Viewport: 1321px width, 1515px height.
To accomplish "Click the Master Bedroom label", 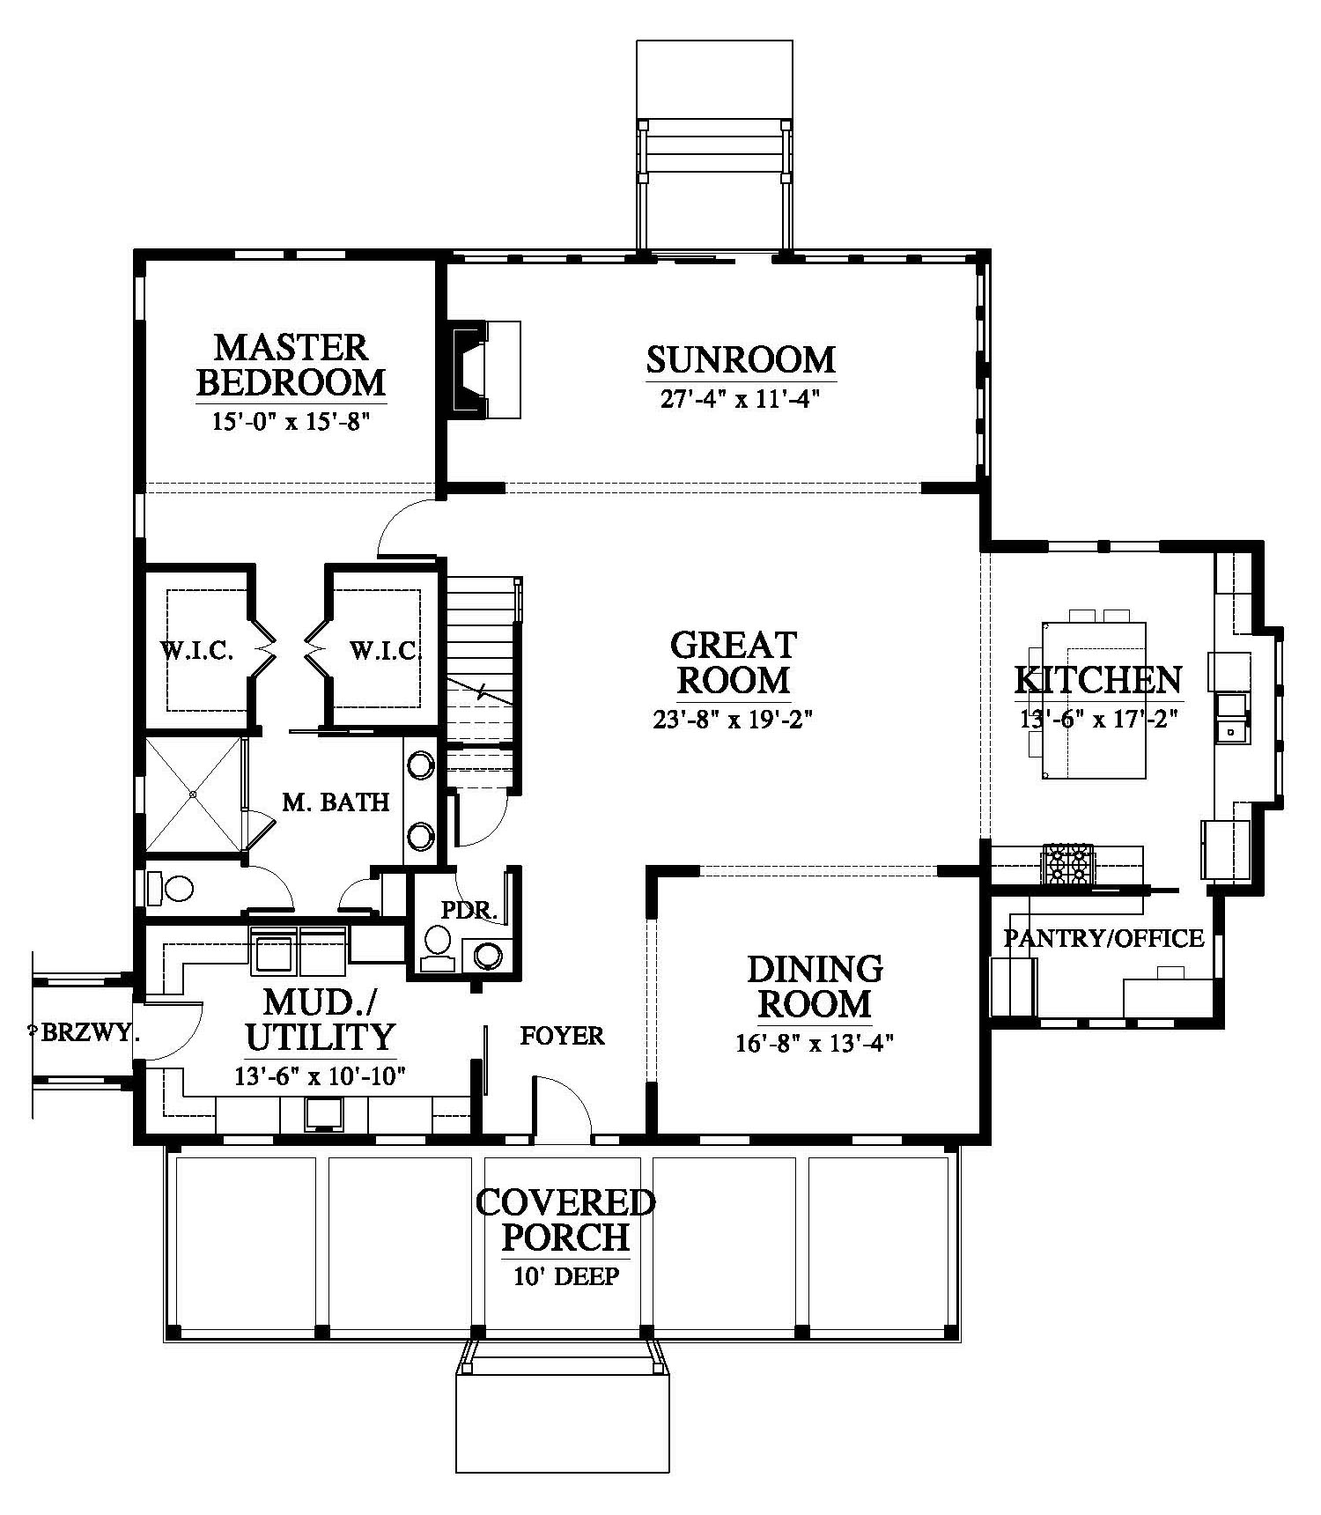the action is point(291,365).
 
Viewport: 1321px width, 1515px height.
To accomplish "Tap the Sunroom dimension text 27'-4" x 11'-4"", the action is point(741,400).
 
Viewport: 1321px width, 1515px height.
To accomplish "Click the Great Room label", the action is point(733,662).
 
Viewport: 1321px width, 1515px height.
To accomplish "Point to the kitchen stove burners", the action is point(1067,863).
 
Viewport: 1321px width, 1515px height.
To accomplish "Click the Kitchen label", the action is point(1098,680).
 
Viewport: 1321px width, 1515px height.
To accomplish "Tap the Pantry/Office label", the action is point(1103,938).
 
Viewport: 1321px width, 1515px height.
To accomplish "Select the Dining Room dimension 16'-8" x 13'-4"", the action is point(815,1045).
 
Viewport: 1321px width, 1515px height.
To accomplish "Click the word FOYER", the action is point(562,1036).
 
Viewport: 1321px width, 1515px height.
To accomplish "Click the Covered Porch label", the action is point(565,1220).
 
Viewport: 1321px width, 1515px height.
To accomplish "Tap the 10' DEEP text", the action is point(566,1276).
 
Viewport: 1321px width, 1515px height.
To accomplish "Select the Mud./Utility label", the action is point(321,1020).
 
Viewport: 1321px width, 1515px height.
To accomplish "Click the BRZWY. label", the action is point(85,1033).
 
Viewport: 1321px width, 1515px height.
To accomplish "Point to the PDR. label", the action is point(469,911).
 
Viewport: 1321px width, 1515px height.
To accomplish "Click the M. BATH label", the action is point(336,802).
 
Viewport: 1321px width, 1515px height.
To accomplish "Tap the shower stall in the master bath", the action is point(192,794).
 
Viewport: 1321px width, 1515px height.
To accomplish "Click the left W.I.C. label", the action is point(196,652).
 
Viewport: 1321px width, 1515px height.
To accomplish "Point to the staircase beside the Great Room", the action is point(481,678).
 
